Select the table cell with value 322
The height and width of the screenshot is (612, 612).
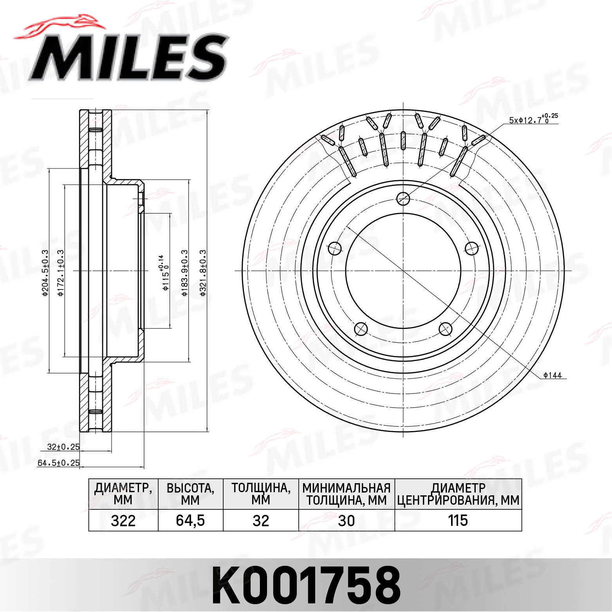pos(123,520)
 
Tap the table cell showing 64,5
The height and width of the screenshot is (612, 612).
pos(190,520)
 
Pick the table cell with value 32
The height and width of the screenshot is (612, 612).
pos(261,520)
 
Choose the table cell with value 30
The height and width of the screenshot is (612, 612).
pos(347,520)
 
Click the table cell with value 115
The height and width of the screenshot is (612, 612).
pos(458,520)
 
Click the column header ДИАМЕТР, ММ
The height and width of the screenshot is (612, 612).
pos(123,494)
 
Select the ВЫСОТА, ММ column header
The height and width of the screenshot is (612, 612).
pos(190,494)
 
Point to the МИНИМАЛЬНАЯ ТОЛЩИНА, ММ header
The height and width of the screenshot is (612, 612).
pos(347,494)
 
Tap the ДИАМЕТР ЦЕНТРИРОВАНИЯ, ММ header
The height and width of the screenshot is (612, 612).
pos(458,494)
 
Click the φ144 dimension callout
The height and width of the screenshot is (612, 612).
pos(552,376)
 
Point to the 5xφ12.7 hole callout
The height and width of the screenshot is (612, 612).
pos(533,119)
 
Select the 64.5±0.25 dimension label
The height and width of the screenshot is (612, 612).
pos(58,463)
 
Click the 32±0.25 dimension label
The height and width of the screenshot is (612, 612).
pos(63,447)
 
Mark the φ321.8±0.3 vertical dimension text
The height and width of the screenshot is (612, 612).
pos(203,273)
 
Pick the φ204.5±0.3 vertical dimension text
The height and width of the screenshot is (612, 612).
pos(45,273)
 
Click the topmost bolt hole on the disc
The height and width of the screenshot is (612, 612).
pos(403,199)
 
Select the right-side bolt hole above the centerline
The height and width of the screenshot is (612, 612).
pos(472,248)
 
